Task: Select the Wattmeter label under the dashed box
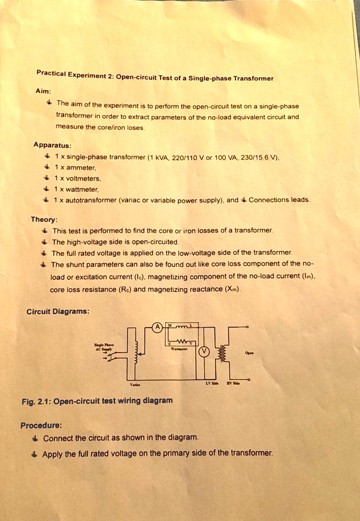click(x=178, y=350)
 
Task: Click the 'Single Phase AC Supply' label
click(x=106, y=346)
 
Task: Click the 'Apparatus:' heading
click(x=51, y=144)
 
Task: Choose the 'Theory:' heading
click(x=44, y=220)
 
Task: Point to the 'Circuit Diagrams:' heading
click(x=58, y=311)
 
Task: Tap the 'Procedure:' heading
click(x=41, y=425)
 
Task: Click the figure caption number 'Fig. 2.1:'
click(x=35, y=401)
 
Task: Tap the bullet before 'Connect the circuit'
click(x=34, y=438)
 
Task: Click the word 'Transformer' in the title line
click(x=254, y=79)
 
